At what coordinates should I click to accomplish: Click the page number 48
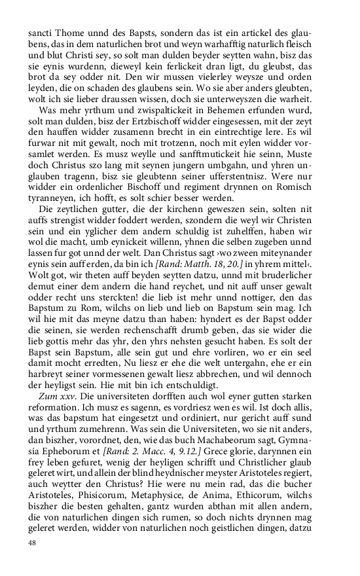[32, 543]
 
